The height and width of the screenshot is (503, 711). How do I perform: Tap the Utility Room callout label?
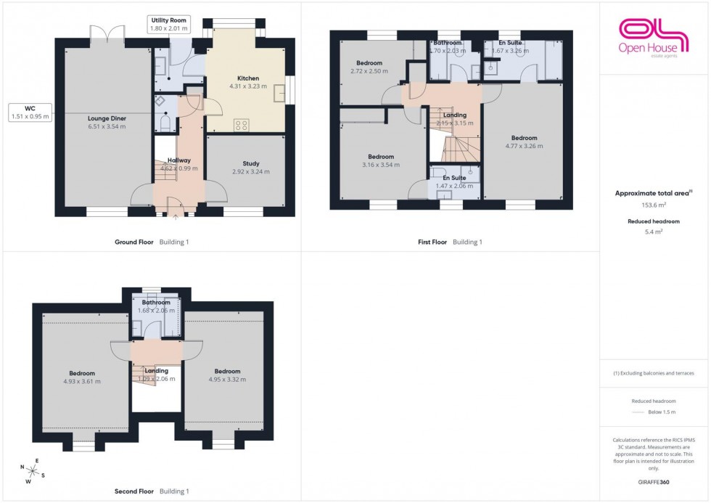[168, 25]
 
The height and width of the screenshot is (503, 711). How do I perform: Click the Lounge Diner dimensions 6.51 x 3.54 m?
[107, 126]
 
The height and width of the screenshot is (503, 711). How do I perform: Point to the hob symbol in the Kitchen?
[241, 125]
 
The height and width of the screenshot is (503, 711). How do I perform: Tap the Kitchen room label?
[247, 78]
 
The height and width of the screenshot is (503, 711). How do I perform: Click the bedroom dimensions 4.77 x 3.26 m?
[524, 146]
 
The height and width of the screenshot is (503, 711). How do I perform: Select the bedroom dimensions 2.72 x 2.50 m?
[369, 71]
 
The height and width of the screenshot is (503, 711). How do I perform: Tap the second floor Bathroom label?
[156, 303]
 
